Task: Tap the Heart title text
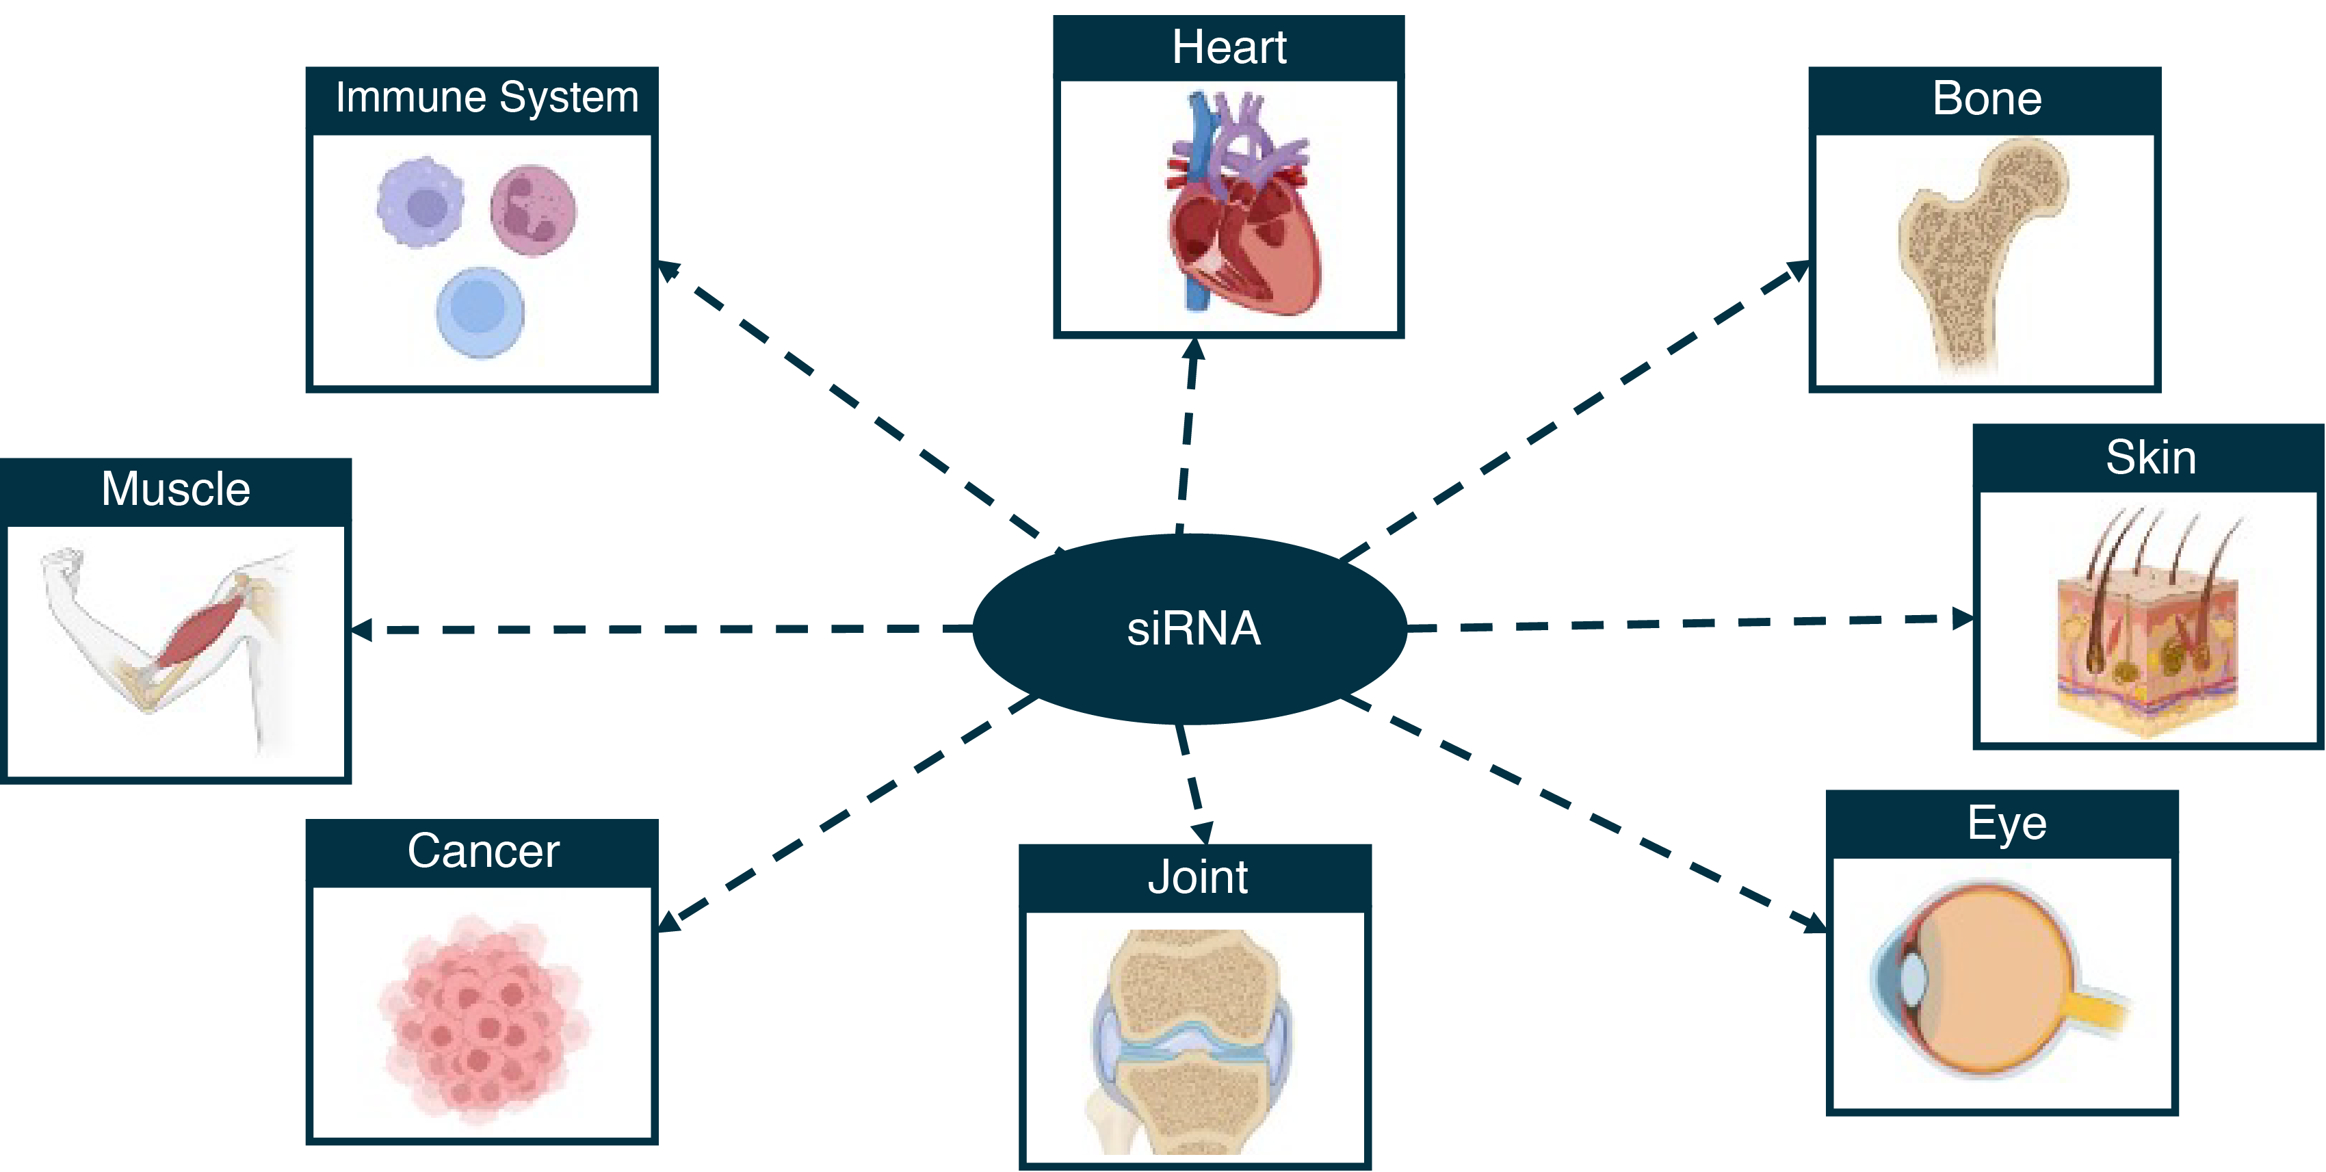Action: pyautogui.click(x=1229, y=47)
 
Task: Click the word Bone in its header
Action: pyautogui.click(x=1987, y=99)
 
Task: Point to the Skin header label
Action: pyautogui.click(x=2151, y=457)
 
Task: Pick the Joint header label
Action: pyautogui.click(x=1197, y=876)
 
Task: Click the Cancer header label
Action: pyautogui.click(x=483, y=850)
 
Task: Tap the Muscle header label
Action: pyautogui.click(x=175, y=489)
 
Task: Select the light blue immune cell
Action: pyautogui.click(x=480, y=311)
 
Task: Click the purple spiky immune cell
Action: pyautogui.click(x=421, y=203)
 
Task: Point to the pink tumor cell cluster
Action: pyautogui.click(x=483, y=1020)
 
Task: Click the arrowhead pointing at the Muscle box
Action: pyautogui.click(x=361, y=629)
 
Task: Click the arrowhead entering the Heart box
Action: pyautogui.click(x=1194, y=350)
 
